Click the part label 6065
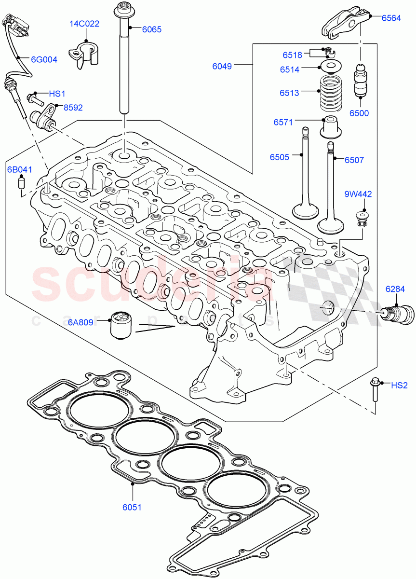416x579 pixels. click(x=151, y=29)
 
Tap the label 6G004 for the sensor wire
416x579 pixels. click(x=44, y=60)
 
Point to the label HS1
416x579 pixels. click(x=57, y=93)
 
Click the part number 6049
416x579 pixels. click(x=222, y=66)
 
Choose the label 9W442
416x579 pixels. click(x=358, y=194)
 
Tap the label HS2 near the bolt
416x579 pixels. click(x=399, y=385)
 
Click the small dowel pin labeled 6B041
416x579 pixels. click(x=21, y=183)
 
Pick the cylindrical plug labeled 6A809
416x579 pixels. click(x=121, y=325)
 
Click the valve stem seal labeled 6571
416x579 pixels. click(x=331, y=127)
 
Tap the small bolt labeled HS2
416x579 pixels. click(x=375, y=390)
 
